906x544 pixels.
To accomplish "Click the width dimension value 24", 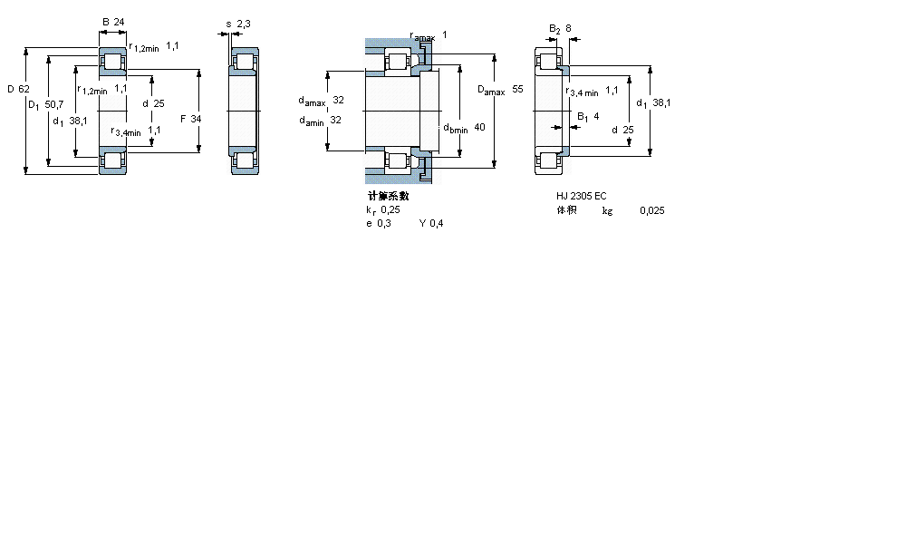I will [119, 21].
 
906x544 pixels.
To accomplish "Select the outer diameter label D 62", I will [18, 89].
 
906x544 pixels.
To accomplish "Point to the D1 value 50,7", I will [54, 104].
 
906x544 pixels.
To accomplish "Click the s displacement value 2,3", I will [243, 24].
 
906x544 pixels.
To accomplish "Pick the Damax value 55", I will [517, 90].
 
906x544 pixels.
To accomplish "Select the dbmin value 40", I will [479, 128].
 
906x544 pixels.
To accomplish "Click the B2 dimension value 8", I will [568, 28].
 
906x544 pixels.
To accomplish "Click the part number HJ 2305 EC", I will [582, 196].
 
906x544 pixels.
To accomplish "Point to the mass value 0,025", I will [651, 210].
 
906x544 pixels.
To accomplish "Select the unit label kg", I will [607, 210].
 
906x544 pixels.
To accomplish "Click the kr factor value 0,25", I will [390, 209].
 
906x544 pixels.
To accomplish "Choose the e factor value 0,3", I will [385, 223].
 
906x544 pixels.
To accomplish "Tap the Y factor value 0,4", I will [437, 223].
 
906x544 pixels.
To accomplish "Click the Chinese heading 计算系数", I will [388, 195].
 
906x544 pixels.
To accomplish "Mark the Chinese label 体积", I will [566, 210].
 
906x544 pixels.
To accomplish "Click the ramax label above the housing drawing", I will [422, 36].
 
